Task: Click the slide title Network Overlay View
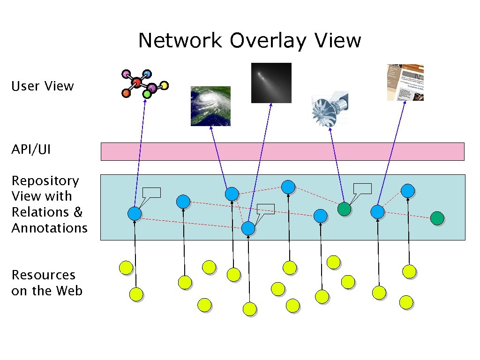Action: pyautogui.click(x=249, y=41)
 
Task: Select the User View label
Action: pyautogui.click(x=43, y=86)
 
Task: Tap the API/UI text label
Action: pyautogui.click(x=31, y=150)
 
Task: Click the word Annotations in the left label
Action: pyautogui.click(x=50, y=228)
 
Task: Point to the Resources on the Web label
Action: pyautogui.click(x=46, y=283)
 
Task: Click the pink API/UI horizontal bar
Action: pyautogui.click(x=282, y=152)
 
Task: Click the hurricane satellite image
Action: pyautogui.click(x=210, y=106)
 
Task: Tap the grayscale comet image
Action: pyautogui.click(x=271, y=82)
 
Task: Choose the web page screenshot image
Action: pyautogui.click(x=405, y=82)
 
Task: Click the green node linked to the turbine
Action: pyautogui.click(x=344, y=209)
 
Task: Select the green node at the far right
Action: pyautogui.click(x=437, y=218)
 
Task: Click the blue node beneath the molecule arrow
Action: pyautogui.click(x=135, y=213)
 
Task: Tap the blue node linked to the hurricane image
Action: pyautogui.click(x=232, y=194)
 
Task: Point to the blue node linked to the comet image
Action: pyautogui.click(x=248, y=228)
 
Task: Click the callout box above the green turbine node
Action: pyautogui.click(x=362, y=188)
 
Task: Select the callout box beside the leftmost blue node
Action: pyautogui.click(x=151, y=192)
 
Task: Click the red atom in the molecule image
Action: pyautogui.click(x=136, y=82)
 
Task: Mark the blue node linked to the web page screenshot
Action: pyautogui.click(x=377, y=212)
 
